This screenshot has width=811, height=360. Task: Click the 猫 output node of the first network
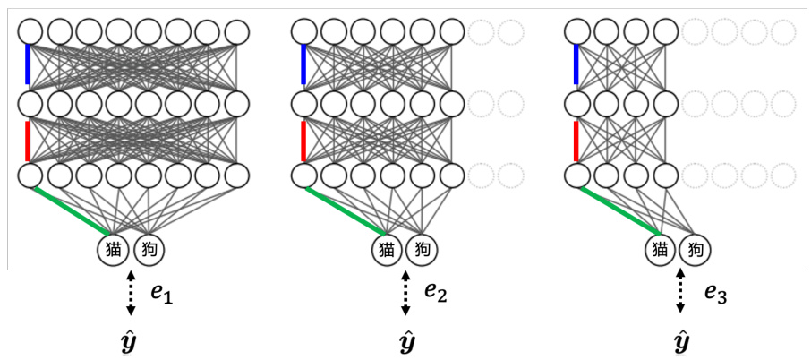[113, 250]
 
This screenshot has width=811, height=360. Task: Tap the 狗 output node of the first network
[149, 250]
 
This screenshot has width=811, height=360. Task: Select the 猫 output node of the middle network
[388, 250]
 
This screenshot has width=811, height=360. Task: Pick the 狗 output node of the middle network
[422, 250]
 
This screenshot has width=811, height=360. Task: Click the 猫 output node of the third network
[661, 250]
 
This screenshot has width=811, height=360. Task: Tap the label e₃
[713, 292]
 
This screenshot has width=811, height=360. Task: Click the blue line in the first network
[29, 65]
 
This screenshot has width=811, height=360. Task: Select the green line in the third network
[617, 210]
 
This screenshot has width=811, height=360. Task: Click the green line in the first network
[69, 210]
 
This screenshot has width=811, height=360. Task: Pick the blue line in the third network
[576, 65]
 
